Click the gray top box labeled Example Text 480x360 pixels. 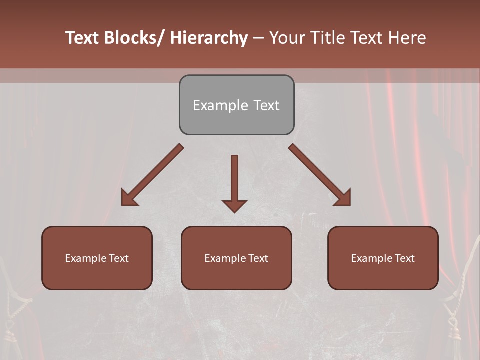click(236, 105)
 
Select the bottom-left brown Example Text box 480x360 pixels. click(97, 258)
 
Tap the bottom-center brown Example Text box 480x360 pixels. click(236, 258)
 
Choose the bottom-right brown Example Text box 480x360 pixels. click(383, 258)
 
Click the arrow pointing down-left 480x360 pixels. click(152, 175)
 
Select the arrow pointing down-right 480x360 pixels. click(320, 175)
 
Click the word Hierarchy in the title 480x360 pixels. click(209, 38)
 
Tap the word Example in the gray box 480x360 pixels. click(220, 105)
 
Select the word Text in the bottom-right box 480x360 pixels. click(403, 258)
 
